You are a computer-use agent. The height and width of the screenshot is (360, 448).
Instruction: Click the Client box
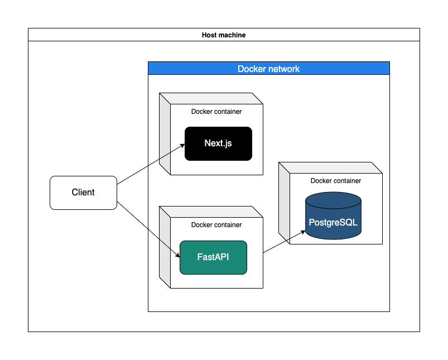pyautogui.click(x=83, y=193)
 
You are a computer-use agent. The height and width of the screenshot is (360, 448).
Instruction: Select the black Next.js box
pyautogui.click(x=218, y=143)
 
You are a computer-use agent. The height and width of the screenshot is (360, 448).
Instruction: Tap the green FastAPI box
pyautogui.click(x=213, y=257)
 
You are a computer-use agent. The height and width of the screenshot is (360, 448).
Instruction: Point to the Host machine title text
pyautogui.click(x=223, y=35)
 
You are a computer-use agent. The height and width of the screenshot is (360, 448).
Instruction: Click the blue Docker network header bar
pyautogui.click(x=268, y=69)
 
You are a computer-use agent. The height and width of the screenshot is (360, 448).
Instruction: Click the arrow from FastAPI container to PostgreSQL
pyautogui.click(x=284, y=242)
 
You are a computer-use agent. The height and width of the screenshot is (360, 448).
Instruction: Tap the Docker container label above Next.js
pyautogui.click(x=216, y=112)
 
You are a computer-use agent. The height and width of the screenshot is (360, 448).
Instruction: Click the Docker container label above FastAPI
pyautogui.click(x=216, y=225)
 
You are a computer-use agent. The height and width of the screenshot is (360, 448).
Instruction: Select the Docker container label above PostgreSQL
pyautogui.click(x=336, y=181)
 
